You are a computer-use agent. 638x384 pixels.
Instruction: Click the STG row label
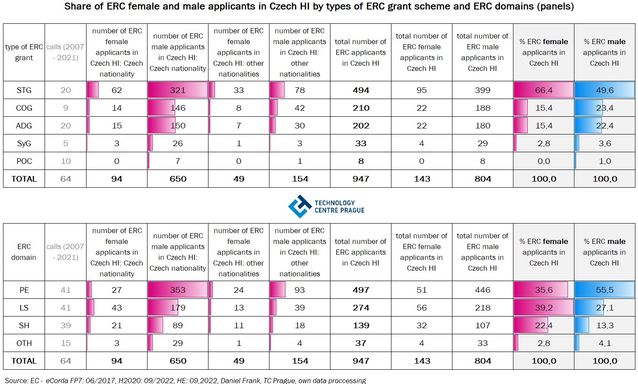(24, 90)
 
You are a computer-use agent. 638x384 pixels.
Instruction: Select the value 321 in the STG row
(177, 90)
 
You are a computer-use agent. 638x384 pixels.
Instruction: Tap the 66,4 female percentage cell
(544, 90)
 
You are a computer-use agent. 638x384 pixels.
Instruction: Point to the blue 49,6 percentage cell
(605, 90)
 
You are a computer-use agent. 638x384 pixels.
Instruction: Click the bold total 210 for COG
(361, 108)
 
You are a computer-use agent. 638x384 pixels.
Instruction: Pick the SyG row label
(24, 143)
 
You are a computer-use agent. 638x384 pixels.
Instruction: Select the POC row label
(24, 161)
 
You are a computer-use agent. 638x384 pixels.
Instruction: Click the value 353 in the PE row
(177, 290)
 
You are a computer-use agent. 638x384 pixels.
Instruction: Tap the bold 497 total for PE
(361, 290)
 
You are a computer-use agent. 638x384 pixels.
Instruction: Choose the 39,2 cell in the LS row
(544, 307)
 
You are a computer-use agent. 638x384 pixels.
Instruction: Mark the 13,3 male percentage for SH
(605, 325)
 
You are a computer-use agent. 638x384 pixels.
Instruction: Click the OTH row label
(24, 343)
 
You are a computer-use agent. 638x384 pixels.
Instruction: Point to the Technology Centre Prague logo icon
(300, 206)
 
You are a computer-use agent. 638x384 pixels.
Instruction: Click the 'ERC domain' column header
(24, 252)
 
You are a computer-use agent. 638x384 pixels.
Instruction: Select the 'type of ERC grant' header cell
(24, 52)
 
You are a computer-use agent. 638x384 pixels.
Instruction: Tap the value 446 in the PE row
(482, 290)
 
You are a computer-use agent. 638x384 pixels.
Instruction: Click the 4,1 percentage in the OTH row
(605, 343)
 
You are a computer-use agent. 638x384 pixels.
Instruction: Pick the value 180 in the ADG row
(482, 125)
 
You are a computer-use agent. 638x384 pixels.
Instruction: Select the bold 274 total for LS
(361, 307)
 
